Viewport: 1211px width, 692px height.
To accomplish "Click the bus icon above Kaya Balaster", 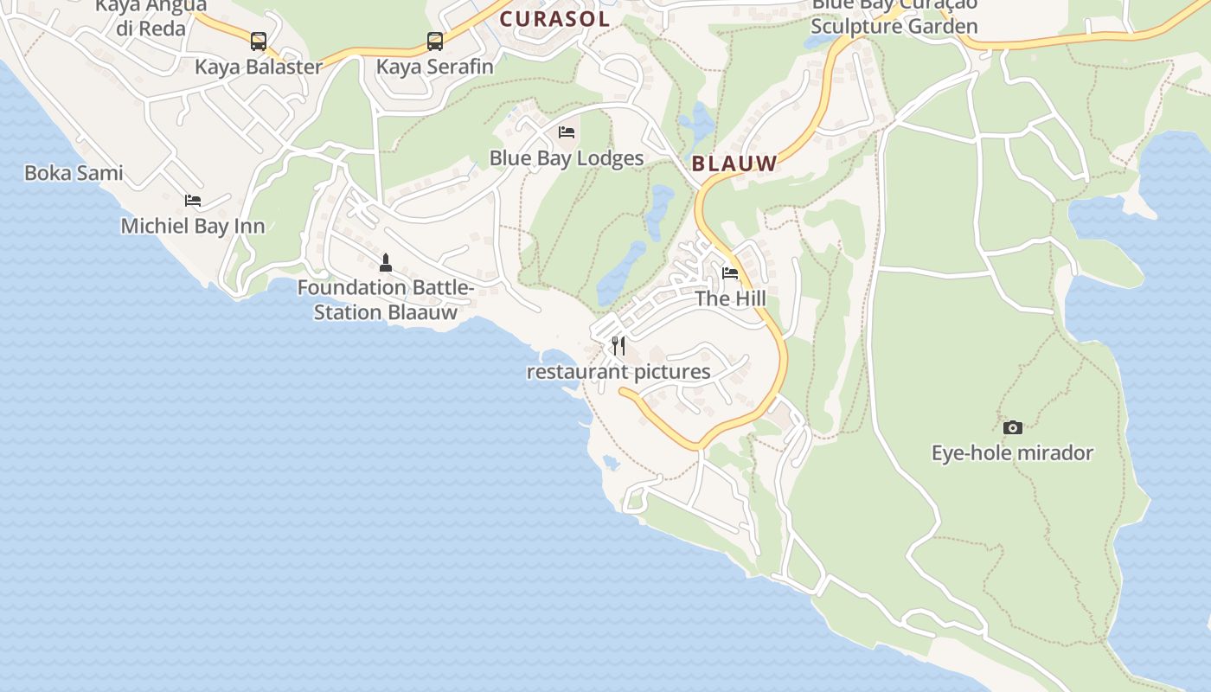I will pos(259,41).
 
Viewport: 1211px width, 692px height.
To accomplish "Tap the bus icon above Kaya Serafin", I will pos(435,41).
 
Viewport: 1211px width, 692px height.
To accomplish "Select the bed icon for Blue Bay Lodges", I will pos(567,132).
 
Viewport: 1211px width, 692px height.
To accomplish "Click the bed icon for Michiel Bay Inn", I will pos(193,201).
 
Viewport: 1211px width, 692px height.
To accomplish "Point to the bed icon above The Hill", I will pos(730,273).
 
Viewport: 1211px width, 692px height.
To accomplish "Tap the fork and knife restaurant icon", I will pos(618,346).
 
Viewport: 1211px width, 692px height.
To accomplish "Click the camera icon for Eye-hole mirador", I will pos(1012,427).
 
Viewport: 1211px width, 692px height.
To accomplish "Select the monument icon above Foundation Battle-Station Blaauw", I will pos(386,261).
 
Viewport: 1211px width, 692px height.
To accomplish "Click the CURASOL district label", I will pos(554,19).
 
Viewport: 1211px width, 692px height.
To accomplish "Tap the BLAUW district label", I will pos(734,162).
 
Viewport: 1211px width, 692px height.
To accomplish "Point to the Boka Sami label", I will pos(74,173).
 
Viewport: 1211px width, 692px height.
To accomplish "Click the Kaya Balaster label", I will pos(259,67).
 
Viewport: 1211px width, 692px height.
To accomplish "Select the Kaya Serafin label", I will pos(435,67).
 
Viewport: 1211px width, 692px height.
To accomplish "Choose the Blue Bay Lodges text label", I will pos(567,158).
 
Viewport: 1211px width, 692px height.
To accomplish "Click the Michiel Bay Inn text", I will pos(193,227).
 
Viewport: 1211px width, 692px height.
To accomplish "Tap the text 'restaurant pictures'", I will pos(618,372).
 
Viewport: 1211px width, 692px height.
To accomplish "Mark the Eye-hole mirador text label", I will pos(1012,453).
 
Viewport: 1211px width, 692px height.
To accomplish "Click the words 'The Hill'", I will pos(731,299).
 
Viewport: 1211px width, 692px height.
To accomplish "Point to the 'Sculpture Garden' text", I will pos(894,27).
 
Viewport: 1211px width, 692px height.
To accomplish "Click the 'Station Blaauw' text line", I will pos(386,312).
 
